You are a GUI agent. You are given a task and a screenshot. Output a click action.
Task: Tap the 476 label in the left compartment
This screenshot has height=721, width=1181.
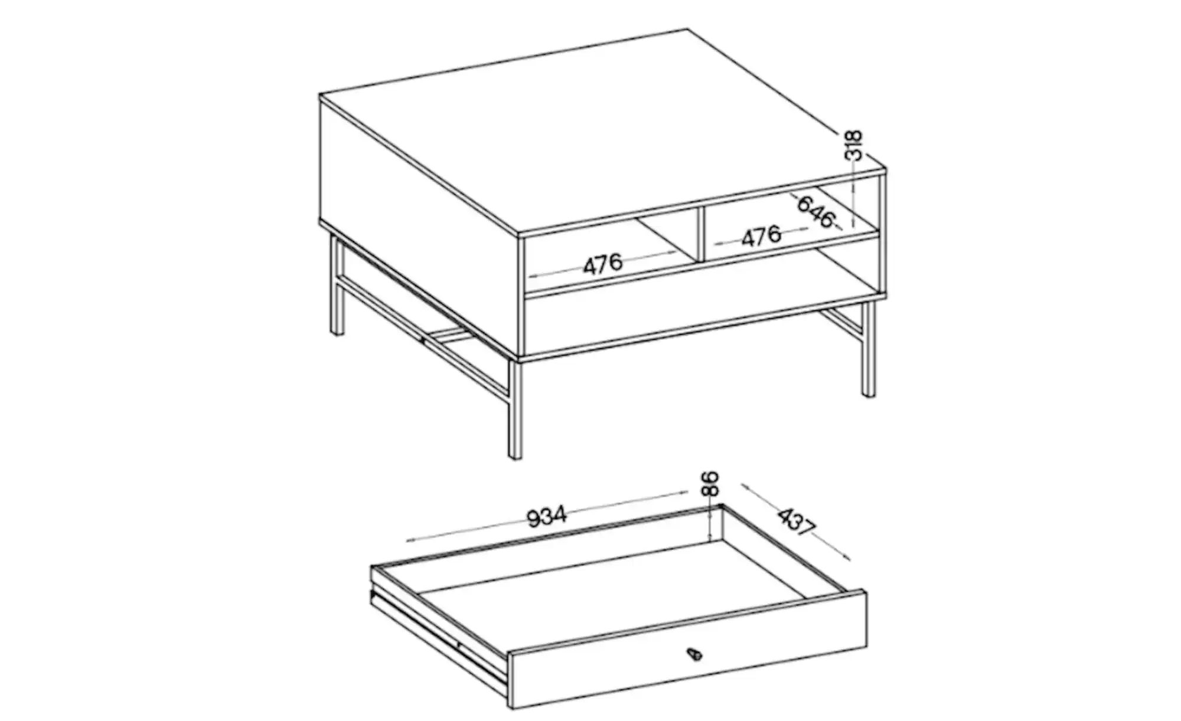[603, 263]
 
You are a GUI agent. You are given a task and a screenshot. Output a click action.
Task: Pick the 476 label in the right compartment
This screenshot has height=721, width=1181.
[761, 236]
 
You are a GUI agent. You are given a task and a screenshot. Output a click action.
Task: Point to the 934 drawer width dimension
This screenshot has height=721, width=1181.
[546, 516]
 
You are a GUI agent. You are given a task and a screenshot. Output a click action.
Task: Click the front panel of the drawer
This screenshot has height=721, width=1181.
[688, 649]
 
